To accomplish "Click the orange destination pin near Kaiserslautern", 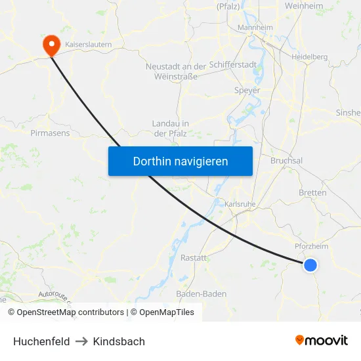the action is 51,45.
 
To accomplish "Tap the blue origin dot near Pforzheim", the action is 310,265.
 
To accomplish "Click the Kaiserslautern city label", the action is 87,44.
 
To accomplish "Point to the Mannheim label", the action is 255,28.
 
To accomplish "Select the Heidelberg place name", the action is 310,57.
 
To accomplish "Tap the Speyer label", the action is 247,91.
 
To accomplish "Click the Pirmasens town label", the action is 50,133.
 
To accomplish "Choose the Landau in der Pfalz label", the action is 171,129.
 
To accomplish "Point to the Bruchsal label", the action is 287,161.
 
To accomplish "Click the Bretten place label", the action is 312,193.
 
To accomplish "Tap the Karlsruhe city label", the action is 239,204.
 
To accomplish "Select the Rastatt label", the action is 194,258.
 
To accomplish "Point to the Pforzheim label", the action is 311,246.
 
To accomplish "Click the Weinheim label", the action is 304,5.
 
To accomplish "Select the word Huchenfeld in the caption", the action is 41,341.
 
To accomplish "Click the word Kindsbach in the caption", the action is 119,341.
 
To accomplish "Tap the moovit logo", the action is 322,340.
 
